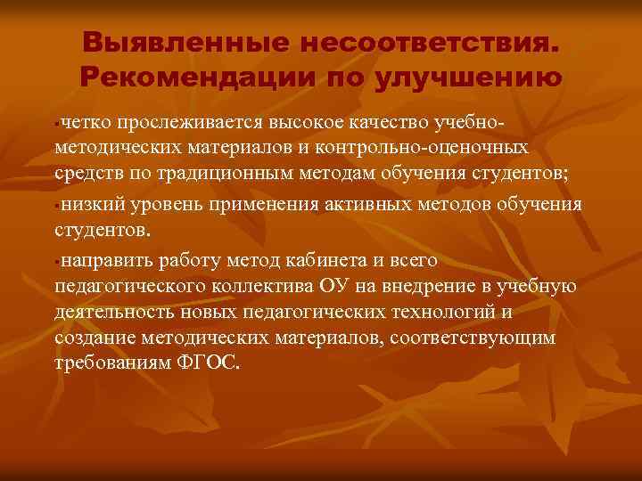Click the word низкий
[x=94, y=205]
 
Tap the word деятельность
[x=111, y=313]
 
